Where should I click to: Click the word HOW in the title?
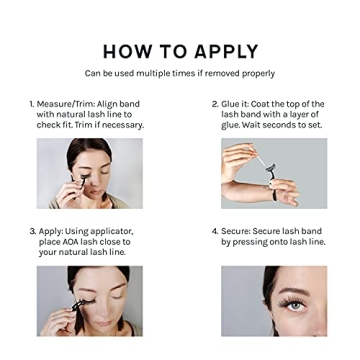point(127,51)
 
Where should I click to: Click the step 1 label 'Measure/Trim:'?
point(69,104)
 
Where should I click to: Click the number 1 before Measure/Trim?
point(32,104)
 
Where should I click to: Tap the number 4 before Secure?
point(214,230)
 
